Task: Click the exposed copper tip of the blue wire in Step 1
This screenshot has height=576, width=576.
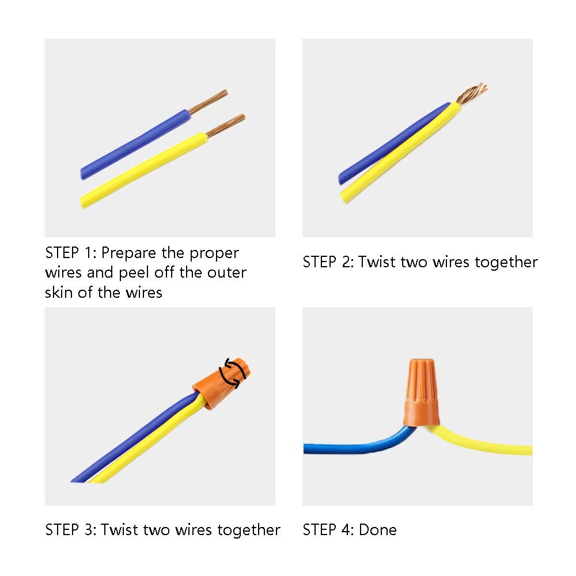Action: click(x=209, y=102)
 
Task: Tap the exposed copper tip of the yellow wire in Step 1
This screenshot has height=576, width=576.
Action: click(x=225, y=126)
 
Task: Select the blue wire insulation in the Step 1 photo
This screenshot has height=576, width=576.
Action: click(x=136, y=144)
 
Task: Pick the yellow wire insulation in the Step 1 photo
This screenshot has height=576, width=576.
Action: click(x=144, y=170)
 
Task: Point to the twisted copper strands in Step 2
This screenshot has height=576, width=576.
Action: click(x=472, y=93)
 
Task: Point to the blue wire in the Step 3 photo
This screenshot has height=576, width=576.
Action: click(x=132, y=441)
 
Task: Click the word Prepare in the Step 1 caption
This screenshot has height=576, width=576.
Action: click(x=128, y=253)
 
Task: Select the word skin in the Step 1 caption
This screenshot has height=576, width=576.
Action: click(x=59, y=293)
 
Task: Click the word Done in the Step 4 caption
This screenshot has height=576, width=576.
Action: click(x=378, y=530)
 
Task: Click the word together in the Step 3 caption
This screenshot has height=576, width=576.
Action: click(x=249, y=530)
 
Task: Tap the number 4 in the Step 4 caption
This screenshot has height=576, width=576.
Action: click(x=346, y=530)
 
